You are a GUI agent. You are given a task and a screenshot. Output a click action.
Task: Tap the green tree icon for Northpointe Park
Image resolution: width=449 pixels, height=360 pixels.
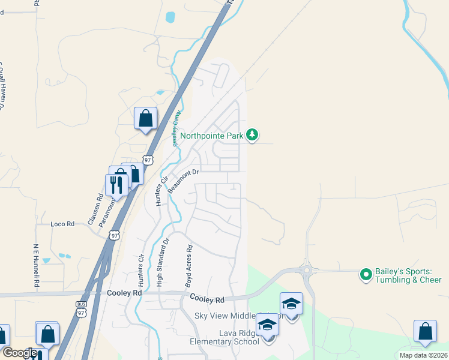point(253,135)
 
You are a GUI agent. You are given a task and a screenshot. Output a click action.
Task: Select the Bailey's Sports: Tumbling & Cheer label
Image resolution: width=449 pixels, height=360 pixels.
point(408,275)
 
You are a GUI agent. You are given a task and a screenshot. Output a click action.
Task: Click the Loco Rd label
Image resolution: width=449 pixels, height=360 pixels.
point(62,224)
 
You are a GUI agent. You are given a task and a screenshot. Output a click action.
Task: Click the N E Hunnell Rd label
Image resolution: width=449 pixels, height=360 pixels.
point(36,264)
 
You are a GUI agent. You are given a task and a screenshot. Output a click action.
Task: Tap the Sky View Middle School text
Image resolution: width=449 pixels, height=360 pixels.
point(228,316)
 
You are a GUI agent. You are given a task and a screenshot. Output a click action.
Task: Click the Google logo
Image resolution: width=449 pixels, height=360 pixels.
point(20,353)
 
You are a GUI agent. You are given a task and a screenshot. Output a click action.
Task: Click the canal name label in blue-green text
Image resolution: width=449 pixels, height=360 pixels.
point(177,128)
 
